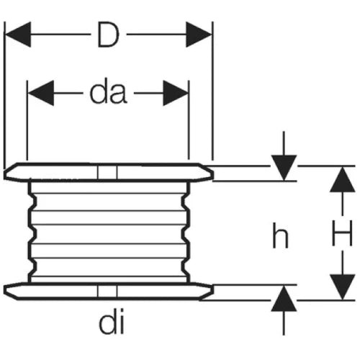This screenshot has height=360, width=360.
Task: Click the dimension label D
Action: pos(108,35)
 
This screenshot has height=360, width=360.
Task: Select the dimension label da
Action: pos(108,93)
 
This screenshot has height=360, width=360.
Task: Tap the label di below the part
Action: pos(112,323)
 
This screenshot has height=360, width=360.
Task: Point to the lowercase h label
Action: pos(280,235)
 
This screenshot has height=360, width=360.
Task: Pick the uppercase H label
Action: pos(342,233)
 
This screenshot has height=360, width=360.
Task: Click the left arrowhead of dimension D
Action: pos(18,35)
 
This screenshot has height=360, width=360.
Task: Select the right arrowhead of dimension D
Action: pos(199,35)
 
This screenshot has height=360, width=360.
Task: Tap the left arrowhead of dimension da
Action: pos(41,93)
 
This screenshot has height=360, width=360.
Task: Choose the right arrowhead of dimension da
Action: pos(176,93)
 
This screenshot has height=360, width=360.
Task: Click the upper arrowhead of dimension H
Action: pos(343,179)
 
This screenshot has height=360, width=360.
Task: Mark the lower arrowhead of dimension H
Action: pos(343,287)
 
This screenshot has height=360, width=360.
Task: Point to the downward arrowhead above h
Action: pos(284,168)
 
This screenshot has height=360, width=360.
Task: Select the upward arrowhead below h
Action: pos(284,299)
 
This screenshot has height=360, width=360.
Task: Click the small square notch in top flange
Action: pos(107,173)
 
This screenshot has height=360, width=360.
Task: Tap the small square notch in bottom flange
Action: pos(107,291)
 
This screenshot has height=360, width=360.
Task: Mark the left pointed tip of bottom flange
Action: pos(4,290)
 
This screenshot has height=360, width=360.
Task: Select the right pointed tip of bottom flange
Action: pos(213,290)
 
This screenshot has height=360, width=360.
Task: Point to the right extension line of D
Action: pos(212,91)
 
